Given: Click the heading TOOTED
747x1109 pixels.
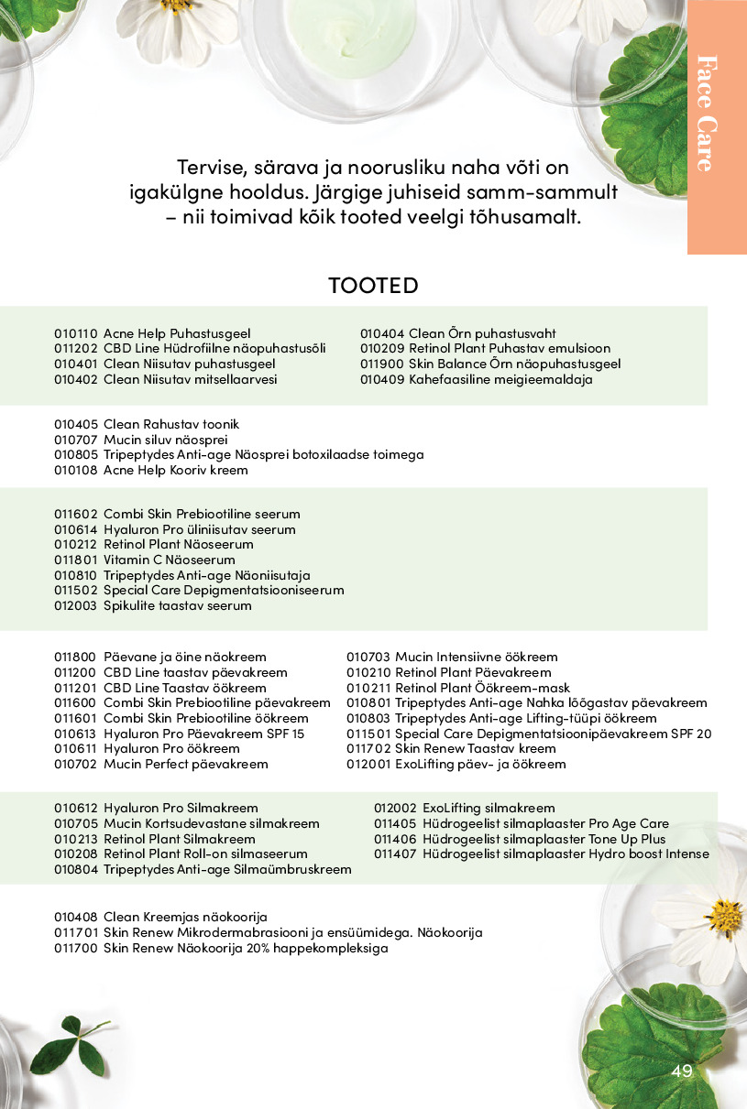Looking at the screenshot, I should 373,285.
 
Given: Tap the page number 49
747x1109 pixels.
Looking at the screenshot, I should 681,1071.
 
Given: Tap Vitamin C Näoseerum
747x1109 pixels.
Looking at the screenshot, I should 169,560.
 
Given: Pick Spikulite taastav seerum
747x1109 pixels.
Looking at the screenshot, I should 177,605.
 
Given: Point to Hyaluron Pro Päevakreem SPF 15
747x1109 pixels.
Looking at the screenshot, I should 203,734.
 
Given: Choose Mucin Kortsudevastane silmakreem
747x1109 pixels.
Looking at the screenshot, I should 211,823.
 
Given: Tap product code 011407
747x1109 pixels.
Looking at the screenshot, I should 395,854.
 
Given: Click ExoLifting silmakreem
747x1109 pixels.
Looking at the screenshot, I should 489,808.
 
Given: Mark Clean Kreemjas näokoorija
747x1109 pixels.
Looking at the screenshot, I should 185,917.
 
